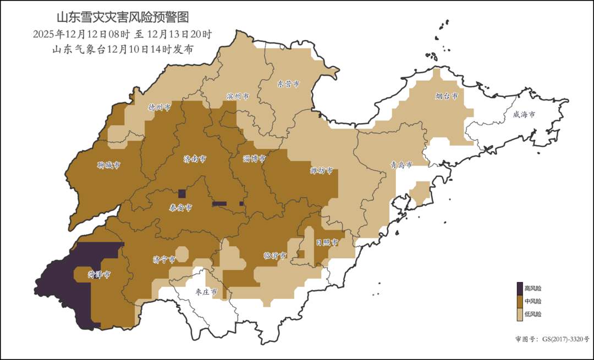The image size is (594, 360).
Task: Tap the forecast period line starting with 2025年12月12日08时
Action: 122,34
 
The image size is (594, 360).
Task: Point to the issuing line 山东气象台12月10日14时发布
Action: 122,49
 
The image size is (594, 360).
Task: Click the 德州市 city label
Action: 159,108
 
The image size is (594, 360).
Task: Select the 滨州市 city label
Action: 238,96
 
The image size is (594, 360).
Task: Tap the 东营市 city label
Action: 288,84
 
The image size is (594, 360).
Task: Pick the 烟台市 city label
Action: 447,96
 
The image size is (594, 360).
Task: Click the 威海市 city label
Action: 524,114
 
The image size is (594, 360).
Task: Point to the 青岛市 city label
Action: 401,164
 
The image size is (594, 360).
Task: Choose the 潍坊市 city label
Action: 322,170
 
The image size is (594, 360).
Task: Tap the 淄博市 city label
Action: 254,158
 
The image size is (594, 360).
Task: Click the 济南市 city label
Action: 195,158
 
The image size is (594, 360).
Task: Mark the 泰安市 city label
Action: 180,208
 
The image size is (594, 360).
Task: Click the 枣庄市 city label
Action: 206,291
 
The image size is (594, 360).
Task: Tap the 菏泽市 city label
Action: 100,274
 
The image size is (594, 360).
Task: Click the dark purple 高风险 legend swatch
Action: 519,288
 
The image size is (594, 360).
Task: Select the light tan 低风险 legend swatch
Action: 519,314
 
